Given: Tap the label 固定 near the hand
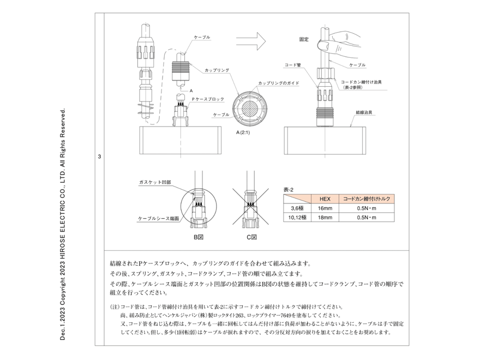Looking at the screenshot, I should pos(304,39).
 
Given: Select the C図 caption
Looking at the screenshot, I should pos(251,237).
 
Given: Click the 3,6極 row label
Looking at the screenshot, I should pos(297,208).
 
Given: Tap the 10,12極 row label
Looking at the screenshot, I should pos(297,218).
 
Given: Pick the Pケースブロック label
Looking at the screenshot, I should pos(208,98).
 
